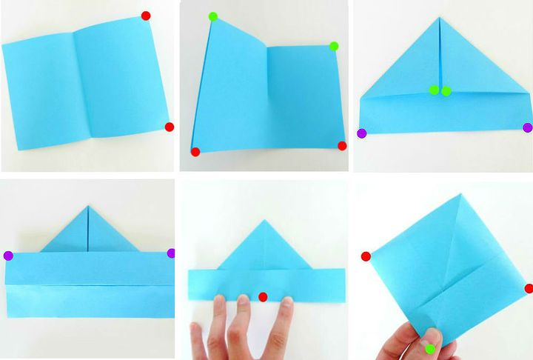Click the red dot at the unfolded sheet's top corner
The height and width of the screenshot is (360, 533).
tap(146, 16)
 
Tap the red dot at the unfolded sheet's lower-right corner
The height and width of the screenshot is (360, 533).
tap(169, 127)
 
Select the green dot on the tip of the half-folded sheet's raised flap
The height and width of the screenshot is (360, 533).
tap(213, 16)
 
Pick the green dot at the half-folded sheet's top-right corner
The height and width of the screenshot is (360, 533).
tap(334, 46)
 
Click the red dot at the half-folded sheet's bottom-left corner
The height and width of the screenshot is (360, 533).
tap(195, 152)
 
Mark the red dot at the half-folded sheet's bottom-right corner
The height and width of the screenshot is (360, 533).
tap(342, 146)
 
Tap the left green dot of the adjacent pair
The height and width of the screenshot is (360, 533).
tap(434, 90)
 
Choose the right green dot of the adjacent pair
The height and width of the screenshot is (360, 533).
tap(446, 91)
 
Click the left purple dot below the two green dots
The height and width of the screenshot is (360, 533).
tap(361, 133)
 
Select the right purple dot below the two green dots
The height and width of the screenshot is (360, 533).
tap(528, 127)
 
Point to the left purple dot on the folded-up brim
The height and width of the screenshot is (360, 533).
tap(8, 256)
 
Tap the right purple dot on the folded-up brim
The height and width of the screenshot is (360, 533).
tap(172, 253)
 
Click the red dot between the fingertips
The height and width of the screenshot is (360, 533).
tap(263, 297)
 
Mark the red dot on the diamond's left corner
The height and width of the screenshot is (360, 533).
tap(366, 256)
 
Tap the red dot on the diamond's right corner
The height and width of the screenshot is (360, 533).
tap(529, 288)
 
